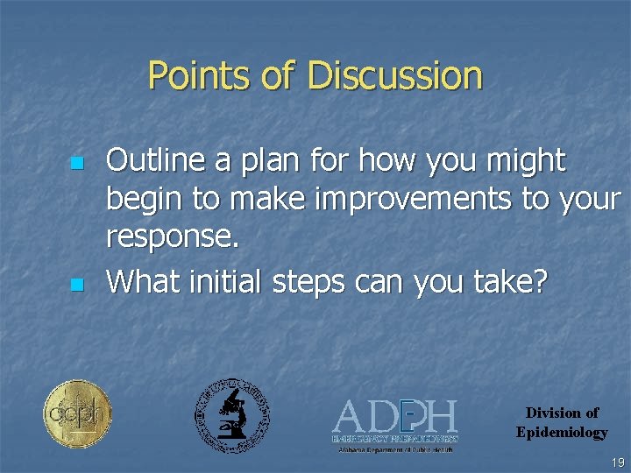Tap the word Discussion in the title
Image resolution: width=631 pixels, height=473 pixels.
pyautogui.click(x=394, y=76)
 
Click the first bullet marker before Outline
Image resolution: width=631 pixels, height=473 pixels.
pyautogui.click(x=76, y=164)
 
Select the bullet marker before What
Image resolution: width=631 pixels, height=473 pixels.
pyautogui.click(x=76, y=284)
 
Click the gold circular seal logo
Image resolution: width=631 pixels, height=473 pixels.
pyautogui.click(x=78, y=414)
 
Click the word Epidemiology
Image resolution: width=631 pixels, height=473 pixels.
pyautogui.click(x=562, y=432)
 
